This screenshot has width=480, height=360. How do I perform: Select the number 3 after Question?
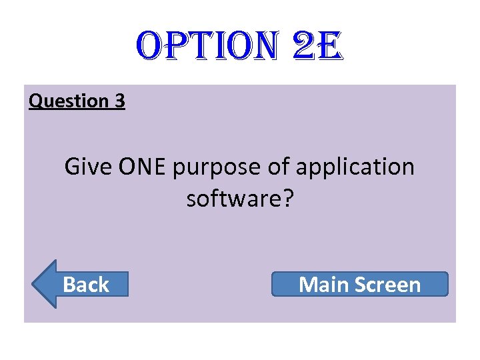tap(119, 101)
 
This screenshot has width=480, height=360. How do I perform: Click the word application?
tap(355, 168)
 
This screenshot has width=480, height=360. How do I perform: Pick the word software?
tap(235, 199)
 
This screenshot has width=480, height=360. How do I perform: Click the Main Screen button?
tap(360, 285)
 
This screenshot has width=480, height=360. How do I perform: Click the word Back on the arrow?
tap(86, 285)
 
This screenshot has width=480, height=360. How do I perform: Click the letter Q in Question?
tap(36, 101)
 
